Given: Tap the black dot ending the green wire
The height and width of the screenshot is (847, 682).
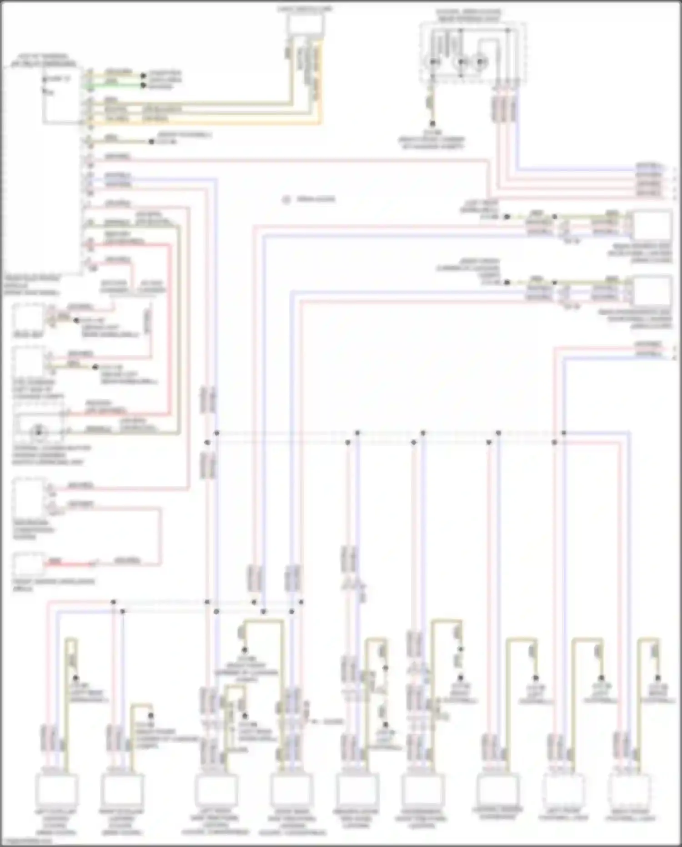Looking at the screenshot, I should click(x=144, y=85).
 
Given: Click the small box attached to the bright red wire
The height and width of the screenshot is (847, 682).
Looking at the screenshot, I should click(x=28, y=564).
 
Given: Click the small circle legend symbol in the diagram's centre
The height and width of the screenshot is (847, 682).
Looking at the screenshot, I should click(x=286, y=199).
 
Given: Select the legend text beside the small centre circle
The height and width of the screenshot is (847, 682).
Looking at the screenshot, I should click(x=316, y=199).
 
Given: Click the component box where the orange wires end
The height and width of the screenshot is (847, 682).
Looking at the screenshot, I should click(x=306, y=24).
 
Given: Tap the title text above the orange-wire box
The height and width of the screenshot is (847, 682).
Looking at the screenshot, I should click(x=306, y=9).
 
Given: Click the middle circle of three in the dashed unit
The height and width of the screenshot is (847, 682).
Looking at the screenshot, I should click(x=461, y=61).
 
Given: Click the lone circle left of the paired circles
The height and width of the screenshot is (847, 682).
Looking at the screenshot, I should click(x=434, y=61).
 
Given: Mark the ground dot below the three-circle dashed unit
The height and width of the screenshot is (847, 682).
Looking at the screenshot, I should click(x=432, y=123).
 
